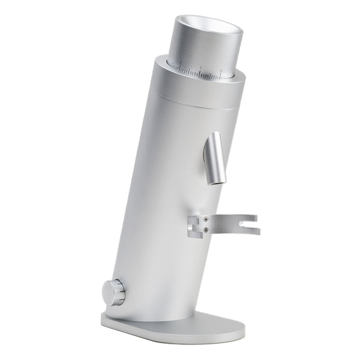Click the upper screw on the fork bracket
[x=206, y=220]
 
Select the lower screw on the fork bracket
[x=206, y=229]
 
